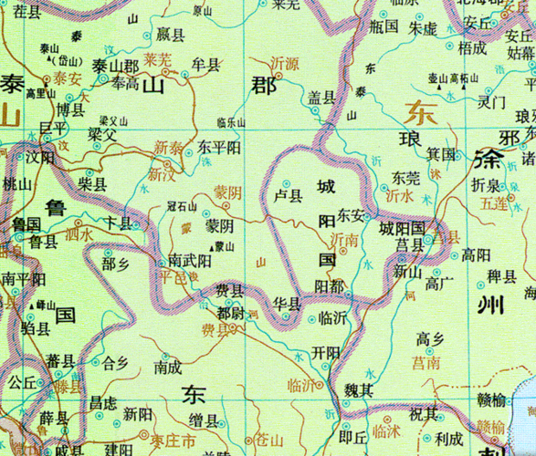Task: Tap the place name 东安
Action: click(351, 215)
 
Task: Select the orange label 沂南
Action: click(343, 238)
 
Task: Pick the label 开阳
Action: click(325, 352)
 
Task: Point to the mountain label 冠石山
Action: click(183, 207)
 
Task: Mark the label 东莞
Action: click(406, 177)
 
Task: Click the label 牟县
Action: click(206, 65)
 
